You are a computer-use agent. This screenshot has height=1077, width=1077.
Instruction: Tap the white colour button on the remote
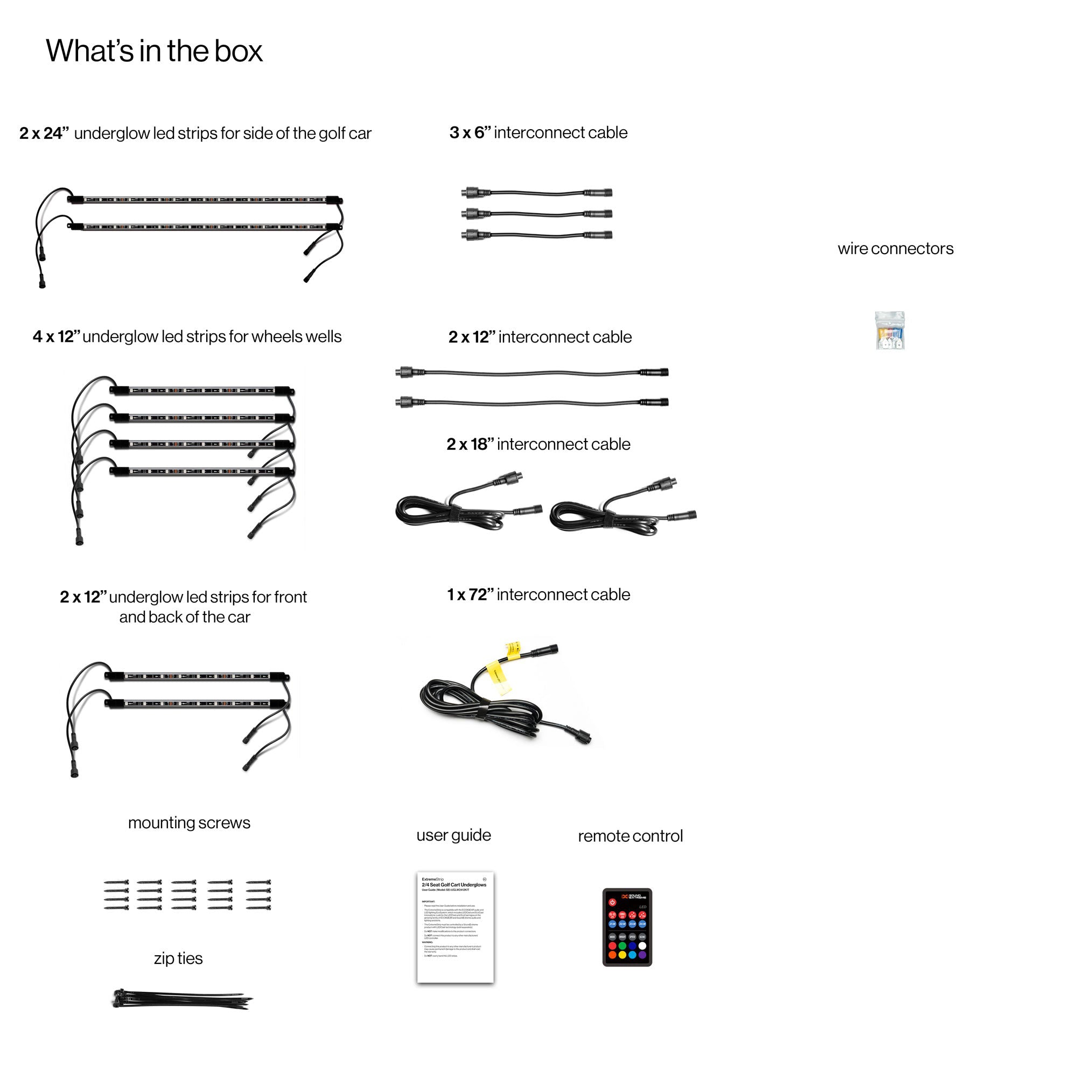pyautogui.click(x=642, y=946)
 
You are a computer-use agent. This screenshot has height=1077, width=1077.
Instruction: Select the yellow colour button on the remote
pyautogui.click(x=622, y=955)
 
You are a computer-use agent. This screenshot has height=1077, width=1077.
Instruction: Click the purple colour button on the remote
pyautogui.click(x=642, y=955)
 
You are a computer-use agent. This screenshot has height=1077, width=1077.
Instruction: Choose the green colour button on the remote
pyautogui.click(x=622, y=946)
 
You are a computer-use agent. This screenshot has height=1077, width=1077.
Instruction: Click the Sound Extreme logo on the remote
pyautogui.click(x=634, y=897)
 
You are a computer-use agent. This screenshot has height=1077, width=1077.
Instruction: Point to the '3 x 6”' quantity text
pyautogui.click(x=470, y=132)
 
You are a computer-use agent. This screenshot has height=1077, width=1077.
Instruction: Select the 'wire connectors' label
pyautogui.click(x=896, y=249)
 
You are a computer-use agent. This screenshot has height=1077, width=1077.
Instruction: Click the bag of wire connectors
pyautogui.click(x=890, y=331)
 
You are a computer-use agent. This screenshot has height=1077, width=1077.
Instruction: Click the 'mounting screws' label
pyautogui.click(x=189, y=823)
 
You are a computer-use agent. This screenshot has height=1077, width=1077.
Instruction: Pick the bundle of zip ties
pyautogui.click(x=181, y=999)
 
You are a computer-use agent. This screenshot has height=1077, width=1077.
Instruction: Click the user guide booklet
pyautogui.click(x=455, y=926)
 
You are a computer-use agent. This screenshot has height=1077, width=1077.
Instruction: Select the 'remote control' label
pyautogui.click(x=630, y=836)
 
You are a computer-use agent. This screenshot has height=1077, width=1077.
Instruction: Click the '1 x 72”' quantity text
pyautogui.click(x=470, y=595)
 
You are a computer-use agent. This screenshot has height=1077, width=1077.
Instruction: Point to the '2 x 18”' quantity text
pyautogui.click(x=470, y=444)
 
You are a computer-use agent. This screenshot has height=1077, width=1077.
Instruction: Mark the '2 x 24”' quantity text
pyautogui.click(x=44, y=133)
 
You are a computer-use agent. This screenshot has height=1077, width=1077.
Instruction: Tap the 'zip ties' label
pyautogui.click(x=178, y=959)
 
